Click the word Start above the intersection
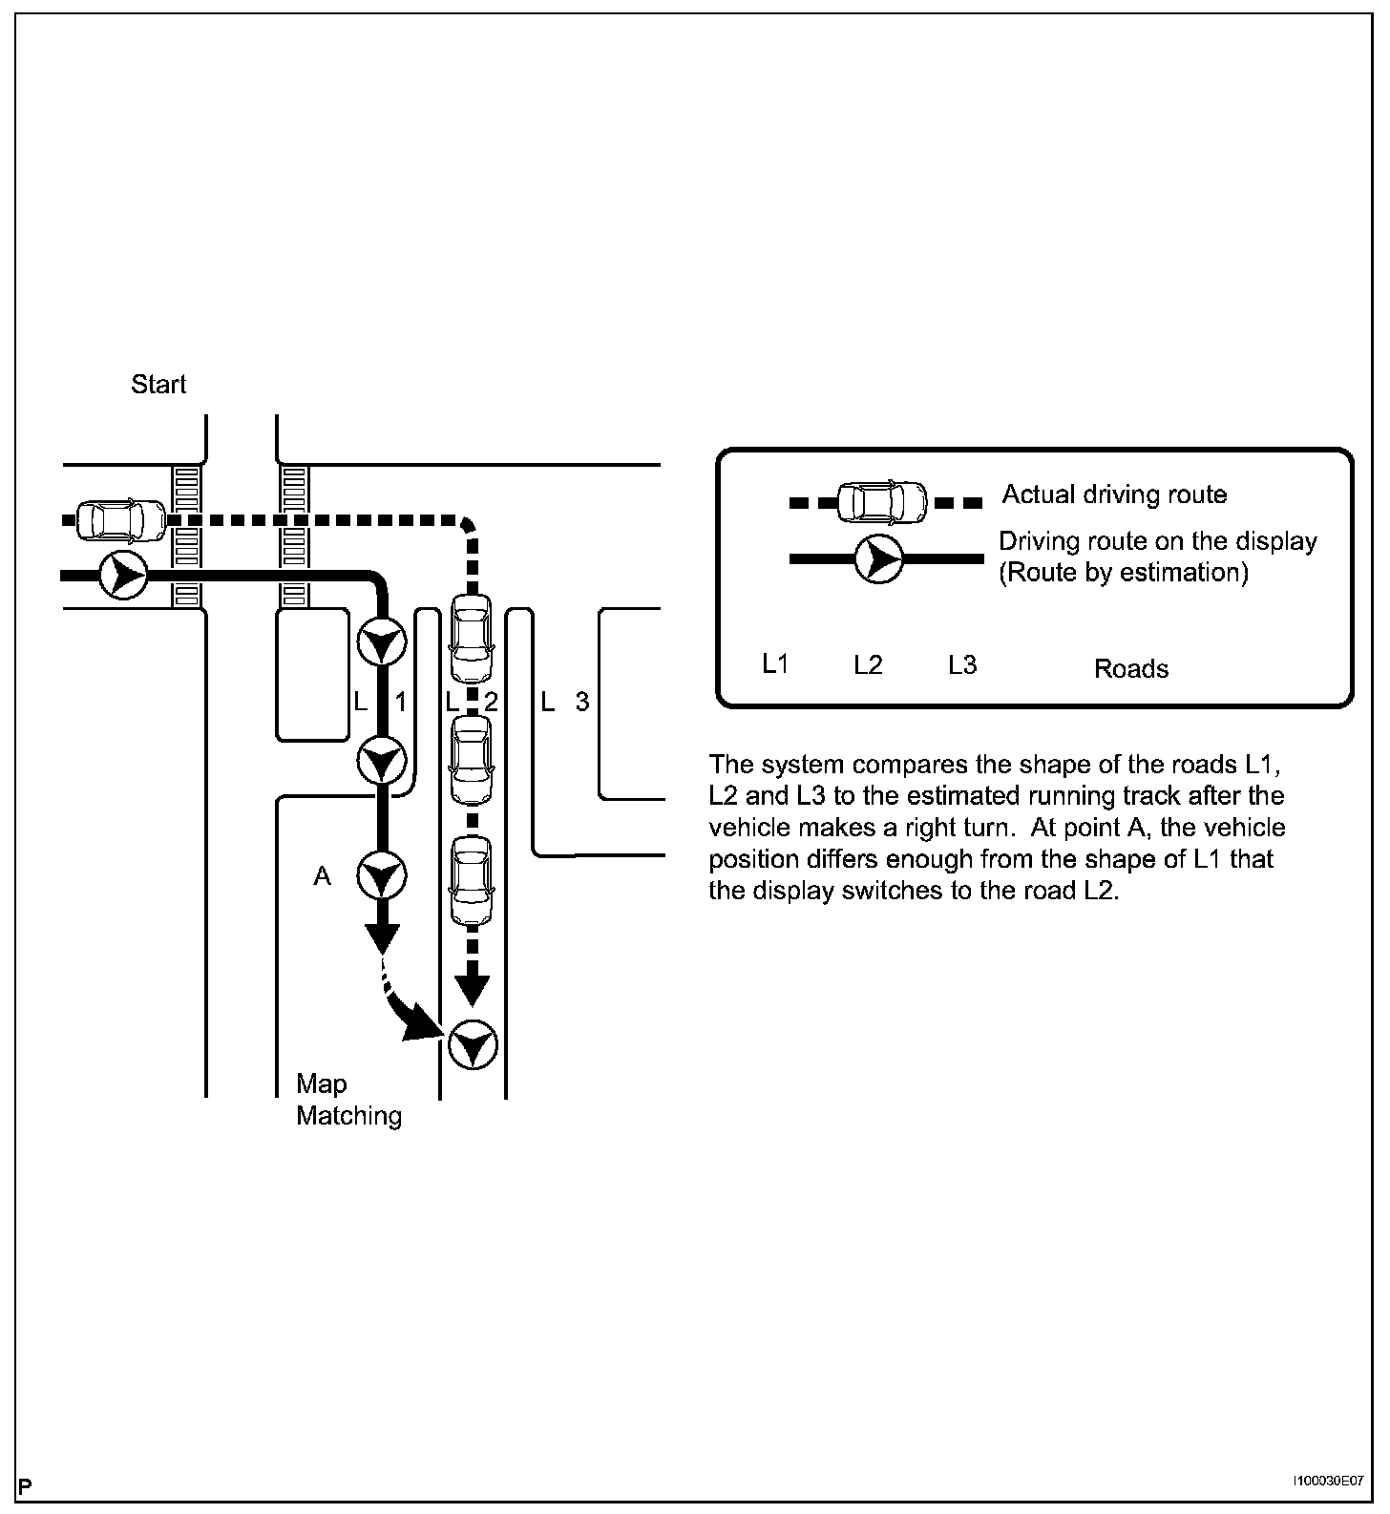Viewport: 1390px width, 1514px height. pos(158,385)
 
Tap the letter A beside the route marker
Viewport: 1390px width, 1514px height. pos(322,876)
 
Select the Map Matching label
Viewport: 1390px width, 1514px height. pos(347,1100)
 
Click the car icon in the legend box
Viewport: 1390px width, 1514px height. pos(881,501)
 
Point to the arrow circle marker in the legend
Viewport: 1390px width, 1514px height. pos(878,558)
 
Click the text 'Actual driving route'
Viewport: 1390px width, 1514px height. pos(1114,494)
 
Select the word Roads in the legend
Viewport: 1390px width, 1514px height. pos(1130,668)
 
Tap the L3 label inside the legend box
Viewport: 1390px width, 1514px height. pos(962,664)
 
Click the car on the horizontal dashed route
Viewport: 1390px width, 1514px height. pos(120,520)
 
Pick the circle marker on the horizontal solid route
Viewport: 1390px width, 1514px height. pos(122,576)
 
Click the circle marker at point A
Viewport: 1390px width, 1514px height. pos(382,876)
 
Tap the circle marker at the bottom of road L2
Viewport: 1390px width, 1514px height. pos(473,1045)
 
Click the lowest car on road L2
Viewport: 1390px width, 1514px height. pos(472,881)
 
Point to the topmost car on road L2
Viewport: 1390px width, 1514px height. pos(472,638)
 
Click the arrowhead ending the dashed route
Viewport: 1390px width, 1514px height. pos(472,990)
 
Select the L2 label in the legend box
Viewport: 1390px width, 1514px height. pos(868,664)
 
